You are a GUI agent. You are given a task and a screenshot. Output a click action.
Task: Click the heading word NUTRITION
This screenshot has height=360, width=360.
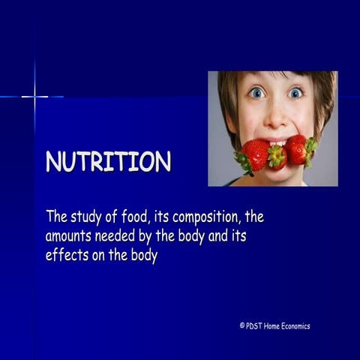pyautogui.click(x=108, y=162)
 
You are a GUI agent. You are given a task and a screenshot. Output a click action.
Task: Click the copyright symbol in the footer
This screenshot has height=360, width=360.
pyautogui.click(x=242, y=325)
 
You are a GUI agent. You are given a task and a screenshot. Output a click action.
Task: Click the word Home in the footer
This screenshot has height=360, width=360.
pyautogui.click(x=274, y=325)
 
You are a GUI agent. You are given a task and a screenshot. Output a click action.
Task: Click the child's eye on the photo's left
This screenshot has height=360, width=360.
pyautogui.click(x=257, y=92)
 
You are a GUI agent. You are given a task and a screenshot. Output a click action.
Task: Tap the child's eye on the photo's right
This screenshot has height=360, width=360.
pyautogui.click(x=295, y=92)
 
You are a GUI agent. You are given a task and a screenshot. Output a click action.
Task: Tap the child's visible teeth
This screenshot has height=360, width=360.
pyautogui.click(x=277, y=141)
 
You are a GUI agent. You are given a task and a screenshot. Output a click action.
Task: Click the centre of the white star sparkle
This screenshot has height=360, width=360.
pyautogui.click(x=34, y=96)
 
